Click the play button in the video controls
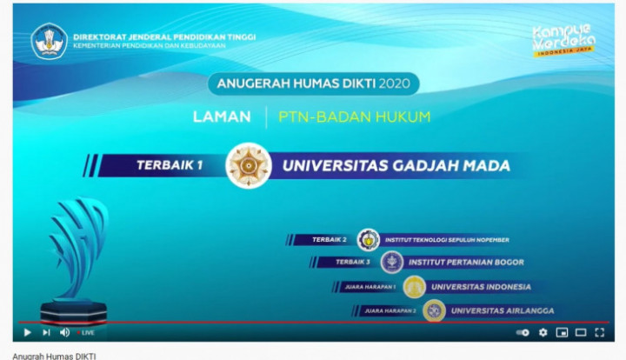tap(27, 332)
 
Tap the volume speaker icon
tap(64, 332)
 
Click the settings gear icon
tap(543, 332)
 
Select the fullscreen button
tap(599, 332)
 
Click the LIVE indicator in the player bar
tap(86, 332)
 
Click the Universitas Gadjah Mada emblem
tap(249, 165)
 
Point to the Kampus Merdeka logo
tap(563, 39)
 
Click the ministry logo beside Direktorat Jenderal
tap(49, 41)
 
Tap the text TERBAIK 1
tap(170, 165)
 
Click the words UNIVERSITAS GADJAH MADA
tap(396, 165)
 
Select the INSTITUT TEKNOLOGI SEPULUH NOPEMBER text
tap(446, 240)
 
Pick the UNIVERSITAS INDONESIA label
tap(481, 286)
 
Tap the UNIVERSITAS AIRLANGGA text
tap(502, 310)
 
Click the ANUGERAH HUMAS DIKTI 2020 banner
tap(314, 83)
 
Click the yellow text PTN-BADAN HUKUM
tap(355, 117)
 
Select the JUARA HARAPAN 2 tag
tap(390, 310)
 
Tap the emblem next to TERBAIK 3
tap(392, 262)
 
